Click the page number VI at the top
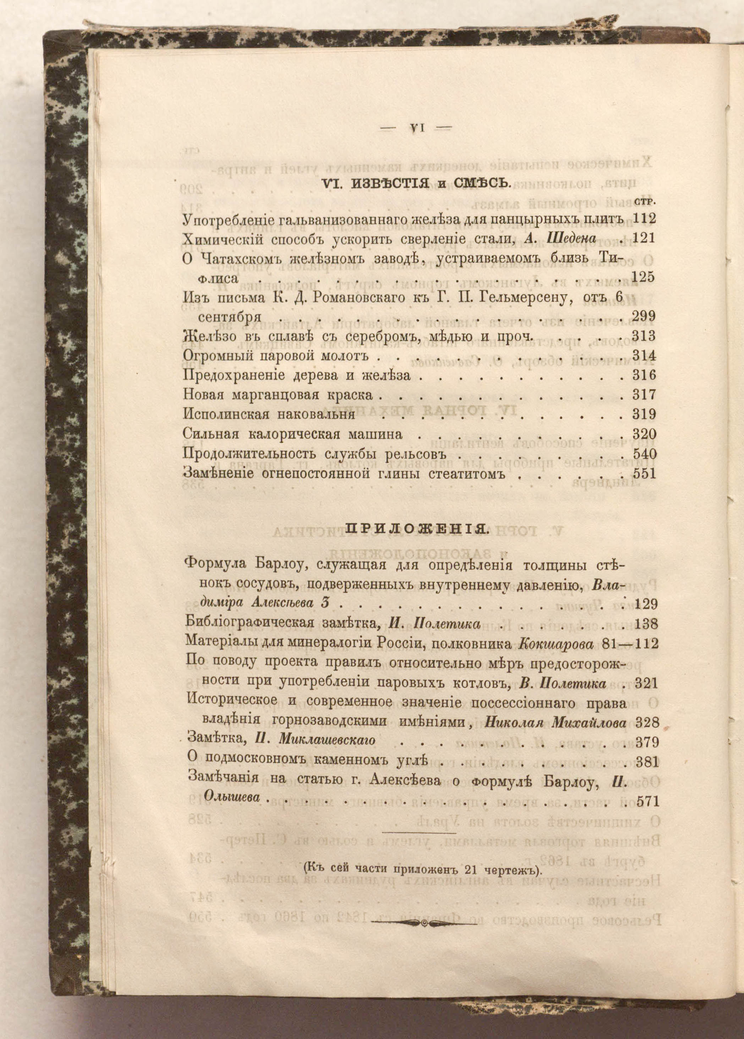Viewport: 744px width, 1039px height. click(x=416, y=129)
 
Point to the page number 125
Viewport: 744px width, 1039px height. click(x=643, y=277)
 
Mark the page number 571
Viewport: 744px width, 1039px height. click(x=646, y=801)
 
